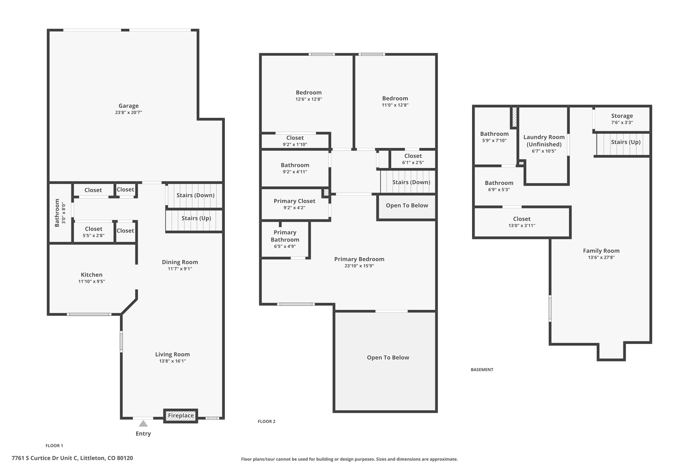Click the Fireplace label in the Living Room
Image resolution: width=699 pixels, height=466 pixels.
pos(181,415)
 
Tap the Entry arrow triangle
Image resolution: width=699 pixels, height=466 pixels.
pos(143,424)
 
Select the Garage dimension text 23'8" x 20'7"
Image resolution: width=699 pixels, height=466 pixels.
pos(128,112)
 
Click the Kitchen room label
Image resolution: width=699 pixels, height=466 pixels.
pos(91,274)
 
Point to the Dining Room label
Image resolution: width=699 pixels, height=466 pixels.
pos(180,262)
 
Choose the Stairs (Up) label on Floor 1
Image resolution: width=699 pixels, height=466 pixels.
pos(196,218)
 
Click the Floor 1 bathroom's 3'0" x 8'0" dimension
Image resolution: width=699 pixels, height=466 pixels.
pos(63,213)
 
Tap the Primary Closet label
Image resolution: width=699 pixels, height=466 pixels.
pos(295,201)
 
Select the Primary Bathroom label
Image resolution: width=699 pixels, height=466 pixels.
pos(285,236)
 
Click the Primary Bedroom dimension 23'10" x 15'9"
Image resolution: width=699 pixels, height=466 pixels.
pos(359,266)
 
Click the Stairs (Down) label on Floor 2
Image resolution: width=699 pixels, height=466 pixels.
pos(411,182)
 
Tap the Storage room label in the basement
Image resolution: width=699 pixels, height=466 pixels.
pos(622,116)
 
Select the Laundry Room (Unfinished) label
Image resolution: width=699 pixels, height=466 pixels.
pos(544,141)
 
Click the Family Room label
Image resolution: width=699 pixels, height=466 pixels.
pos(601,251)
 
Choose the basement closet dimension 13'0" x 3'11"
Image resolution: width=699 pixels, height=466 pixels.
pos(522,225)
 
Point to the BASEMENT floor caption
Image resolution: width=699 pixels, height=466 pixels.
pos(482,369)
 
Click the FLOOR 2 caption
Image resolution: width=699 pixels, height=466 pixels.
pos(267,421)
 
